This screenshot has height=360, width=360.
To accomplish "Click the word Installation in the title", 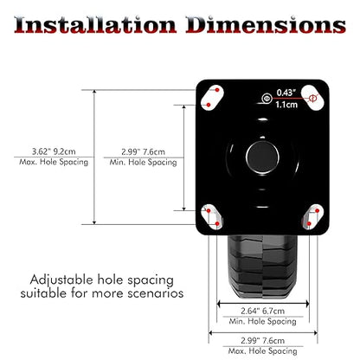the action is [x=95, y=25].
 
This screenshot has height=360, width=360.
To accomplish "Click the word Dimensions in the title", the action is [x=266, y=25].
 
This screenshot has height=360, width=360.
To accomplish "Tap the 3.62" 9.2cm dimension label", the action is [x=54, y=151].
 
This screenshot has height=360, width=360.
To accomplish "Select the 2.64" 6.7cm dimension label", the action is [x=263, y=311].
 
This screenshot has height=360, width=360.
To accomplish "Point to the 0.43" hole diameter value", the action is [x=286, y=93].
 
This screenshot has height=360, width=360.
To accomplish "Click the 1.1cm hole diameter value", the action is [x=286, y=105].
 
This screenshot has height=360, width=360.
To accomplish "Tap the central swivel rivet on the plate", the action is [x=262, y=157].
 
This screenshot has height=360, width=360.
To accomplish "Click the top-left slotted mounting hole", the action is [x=213, y=98].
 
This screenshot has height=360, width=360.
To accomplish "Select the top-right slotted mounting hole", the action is [x=312, y=98].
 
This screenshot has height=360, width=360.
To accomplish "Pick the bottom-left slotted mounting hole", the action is [x=212, y=217].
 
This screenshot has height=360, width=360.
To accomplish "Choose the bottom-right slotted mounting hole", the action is [x=312, y=217].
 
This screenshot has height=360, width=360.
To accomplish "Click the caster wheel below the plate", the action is [x=262, y=267].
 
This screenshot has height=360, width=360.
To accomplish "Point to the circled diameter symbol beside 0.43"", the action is [x=267, y=99].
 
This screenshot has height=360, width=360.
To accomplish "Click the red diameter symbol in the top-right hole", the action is [x=312, y=99].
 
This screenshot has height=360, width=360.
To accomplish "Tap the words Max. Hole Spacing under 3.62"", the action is [x=54, y=162].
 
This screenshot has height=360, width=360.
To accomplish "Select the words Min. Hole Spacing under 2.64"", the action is [x=263, y=321].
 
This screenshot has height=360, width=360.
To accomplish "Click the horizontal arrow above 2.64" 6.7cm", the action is [x=263, y=304].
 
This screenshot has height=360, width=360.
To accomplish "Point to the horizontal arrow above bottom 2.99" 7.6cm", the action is [x=263, y=333].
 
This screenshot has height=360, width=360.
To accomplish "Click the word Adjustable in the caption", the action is [x=61, y=280].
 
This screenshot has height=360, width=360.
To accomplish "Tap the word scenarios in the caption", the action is [x=156, y=293].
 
